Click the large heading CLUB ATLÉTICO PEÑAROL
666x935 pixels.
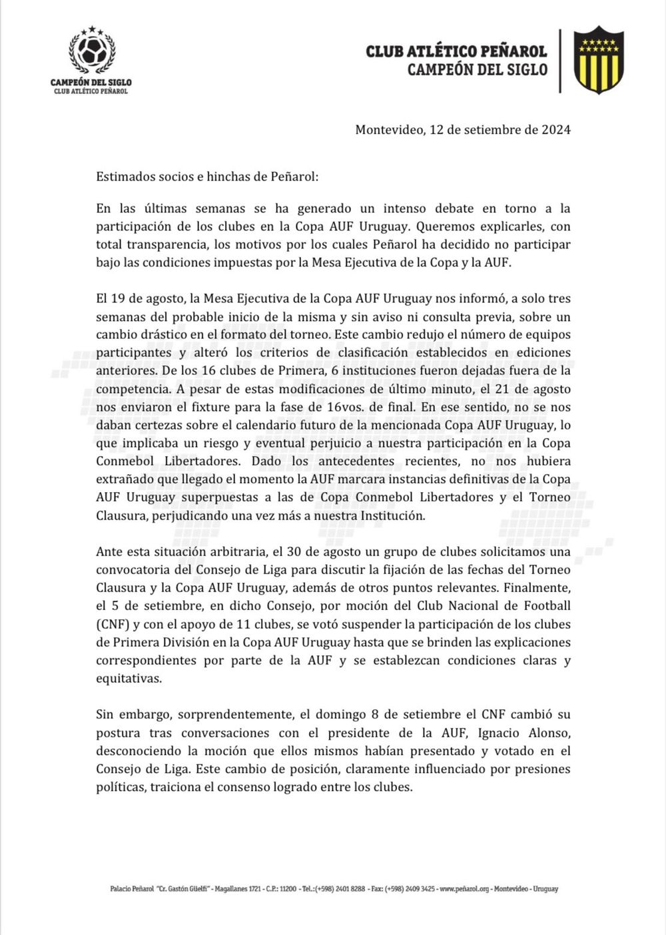[x=456, y=51]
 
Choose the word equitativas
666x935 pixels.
[x=129, y=679]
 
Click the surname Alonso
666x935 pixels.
[x=551, y=733]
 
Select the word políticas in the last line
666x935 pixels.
[x=120, y=787]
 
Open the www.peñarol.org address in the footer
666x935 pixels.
[x=464, y=889]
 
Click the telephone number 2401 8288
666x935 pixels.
[x=349, y=889]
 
